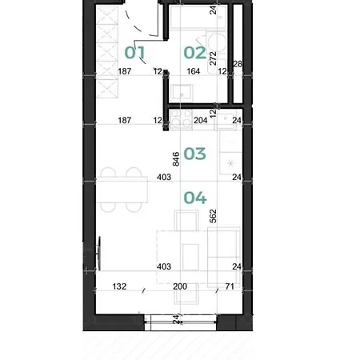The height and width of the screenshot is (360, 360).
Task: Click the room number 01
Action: click(x=135, y=52)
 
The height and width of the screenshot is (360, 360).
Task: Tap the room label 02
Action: click(x=195, y=53)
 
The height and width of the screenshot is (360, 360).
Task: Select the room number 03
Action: click(x=194, y=154)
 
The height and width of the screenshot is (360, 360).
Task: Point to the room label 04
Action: click(x=195, y=198)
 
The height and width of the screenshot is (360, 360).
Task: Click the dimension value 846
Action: click(x=176, y=159)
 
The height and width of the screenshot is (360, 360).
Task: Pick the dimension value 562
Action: click(x=213, y=216)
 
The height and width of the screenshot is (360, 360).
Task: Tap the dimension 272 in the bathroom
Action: click(x=213, y=58)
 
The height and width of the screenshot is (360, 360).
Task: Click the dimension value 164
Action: click(x=194, y=71)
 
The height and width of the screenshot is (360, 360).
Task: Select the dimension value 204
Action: click(x=201, y=120)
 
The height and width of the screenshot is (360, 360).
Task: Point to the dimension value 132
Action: click(x=119, y=286)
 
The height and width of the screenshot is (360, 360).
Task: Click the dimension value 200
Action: click(x=180, y=286)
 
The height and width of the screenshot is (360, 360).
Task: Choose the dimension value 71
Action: click(x=230, y=286)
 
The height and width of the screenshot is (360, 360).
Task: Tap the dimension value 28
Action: click(x=238, y=64)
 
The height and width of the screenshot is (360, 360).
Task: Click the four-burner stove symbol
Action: click(x=181, y=119)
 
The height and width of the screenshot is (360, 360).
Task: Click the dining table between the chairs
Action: click(x=122, y=190)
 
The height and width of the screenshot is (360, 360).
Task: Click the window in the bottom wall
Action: click(x=181, y=322)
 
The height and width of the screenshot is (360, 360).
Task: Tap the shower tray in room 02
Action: click(x=198, y=17)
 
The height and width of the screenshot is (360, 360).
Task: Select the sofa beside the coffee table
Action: click(x=224, y=257)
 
